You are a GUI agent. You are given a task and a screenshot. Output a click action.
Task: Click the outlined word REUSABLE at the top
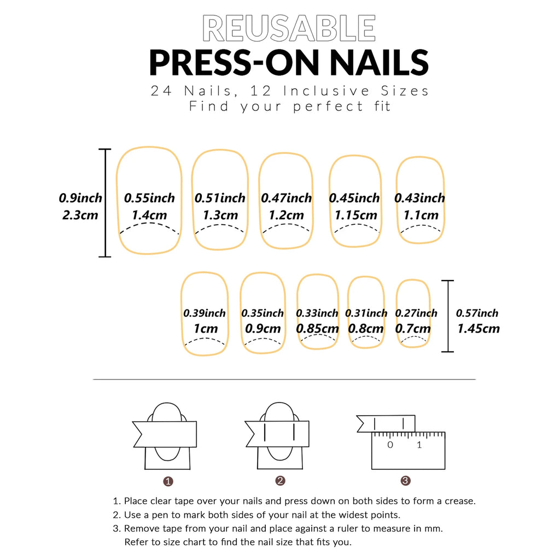pos(289,28)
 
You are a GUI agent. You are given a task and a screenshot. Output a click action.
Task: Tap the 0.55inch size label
pos(149,198)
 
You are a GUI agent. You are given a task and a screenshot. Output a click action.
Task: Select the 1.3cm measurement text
pos(220,215)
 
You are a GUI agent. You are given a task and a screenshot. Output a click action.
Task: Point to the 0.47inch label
pos(286,198)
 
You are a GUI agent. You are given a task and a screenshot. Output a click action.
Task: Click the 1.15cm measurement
pos(355,215)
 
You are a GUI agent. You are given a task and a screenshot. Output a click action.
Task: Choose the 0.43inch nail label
pos(419,198)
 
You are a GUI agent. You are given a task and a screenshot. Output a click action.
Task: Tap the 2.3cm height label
pos(80,214)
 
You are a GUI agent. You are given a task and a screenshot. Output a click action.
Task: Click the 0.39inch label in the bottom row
pos(204,313)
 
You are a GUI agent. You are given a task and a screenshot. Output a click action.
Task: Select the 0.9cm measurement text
pos(262,329)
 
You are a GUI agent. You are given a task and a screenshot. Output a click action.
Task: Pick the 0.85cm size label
pos(317,329)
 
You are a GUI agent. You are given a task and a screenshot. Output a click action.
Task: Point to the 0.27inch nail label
pos(417,313)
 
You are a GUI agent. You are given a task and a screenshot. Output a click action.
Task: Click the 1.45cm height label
pos(478,329)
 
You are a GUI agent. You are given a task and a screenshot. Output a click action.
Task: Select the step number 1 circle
pos(168,481)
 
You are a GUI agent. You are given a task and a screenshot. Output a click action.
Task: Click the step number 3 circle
pos(405,481)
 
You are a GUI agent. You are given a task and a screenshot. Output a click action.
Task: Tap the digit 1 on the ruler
pos(419,445)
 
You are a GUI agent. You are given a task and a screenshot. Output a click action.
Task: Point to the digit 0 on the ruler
pos(390,445)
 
